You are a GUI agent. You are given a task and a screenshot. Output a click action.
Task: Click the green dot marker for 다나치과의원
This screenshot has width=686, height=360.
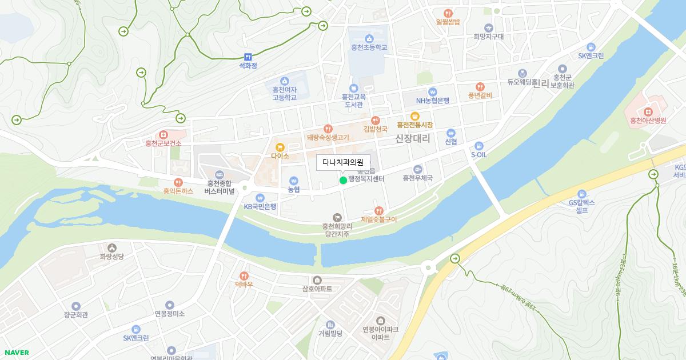(343, 181)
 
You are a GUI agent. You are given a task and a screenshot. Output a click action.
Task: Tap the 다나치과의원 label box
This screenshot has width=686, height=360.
(343, 162)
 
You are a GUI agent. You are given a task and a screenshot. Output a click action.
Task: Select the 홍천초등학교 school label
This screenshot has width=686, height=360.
(369, 47)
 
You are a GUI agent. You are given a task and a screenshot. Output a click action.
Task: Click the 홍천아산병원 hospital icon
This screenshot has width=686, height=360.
(648, 111)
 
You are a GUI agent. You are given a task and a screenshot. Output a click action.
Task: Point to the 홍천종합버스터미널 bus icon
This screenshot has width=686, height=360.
(219, 174)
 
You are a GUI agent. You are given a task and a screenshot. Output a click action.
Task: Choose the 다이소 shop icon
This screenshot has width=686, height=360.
(280, 147)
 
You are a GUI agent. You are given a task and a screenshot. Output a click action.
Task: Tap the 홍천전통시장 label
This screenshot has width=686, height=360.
(415, 125)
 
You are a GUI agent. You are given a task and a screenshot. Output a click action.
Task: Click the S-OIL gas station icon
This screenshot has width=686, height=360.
(479, 146)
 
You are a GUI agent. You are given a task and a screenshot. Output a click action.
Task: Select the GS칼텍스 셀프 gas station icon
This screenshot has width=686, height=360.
(582, 194)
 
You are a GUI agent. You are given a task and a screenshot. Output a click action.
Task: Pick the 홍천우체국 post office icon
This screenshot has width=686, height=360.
(418, 169)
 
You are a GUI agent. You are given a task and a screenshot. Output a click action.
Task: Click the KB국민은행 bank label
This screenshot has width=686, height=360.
(260, 206)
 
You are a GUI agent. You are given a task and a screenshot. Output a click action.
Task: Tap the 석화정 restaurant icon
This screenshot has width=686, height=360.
(248, 57)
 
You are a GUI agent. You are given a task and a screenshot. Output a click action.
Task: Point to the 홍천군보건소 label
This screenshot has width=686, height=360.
(163, 143)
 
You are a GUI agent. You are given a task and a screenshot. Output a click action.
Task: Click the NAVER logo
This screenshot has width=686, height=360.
(16, 353)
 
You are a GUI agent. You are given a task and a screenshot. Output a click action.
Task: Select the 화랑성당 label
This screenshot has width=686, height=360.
(111, 257)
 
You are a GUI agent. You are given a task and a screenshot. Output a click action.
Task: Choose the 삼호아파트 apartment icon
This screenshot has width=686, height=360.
(317, 280)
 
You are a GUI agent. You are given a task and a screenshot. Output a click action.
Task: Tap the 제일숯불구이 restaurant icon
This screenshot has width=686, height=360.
(378, 211)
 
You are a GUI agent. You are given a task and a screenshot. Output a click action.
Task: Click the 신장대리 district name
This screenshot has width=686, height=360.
(412, 138)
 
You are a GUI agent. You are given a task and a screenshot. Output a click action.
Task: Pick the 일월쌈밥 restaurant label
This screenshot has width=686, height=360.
(448, 22)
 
